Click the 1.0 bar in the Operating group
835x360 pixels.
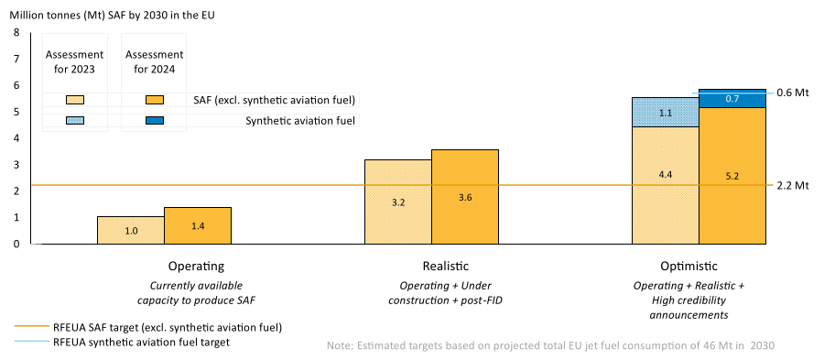click(x=131, y=231)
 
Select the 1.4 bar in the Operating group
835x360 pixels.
click(x=198, y=225)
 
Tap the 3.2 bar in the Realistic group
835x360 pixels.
click(x=398, y=202)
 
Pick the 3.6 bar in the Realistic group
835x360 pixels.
click(x=465, y=197)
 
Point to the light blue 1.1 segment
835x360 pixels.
click(x=666, y=112)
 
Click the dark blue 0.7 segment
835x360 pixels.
click(x=732, y=98)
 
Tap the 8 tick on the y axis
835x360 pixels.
click(x=16, y=33)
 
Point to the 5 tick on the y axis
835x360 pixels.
click(x=16, y=112)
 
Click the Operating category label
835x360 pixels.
click(x=197, y=267)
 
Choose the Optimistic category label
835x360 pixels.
click(x=689, y=267)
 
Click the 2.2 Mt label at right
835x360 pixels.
click(x=793, y=186)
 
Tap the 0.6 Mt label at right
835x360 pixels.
click(x=793, y=93)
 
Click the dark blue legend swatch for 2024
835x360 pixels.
click(x=154, y=121)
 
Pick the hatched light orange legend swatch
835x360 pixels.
click(x=75, y=100)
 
